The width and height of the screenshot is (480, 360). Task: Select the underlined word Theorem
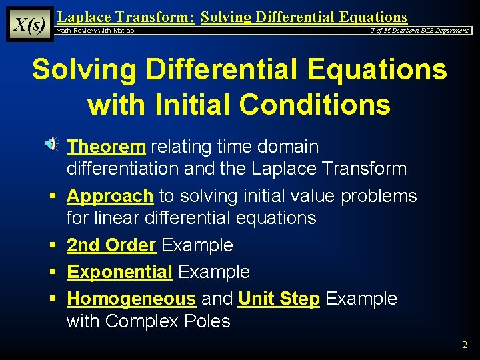106,146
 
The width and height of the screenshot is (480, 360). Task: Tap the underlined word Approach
110,196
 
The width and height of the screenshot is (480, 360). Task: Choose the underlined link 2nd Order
111,245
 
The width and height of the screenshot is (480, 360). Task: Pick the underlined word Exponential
119,272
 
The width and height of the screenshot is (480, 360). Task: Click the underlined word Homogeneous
131,299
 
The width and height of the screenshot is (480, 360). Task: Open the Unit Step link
279,299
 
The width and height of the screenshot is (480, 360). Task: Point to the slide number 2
465,345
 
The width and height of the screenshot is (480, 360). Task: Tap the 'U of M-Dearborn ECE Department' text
419,31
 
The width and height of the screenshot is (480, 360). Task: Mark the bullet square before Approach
51,197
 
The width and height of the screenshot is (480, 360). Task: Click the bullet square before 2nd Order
51,246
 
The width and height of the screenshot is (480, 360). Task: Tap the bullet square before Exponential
51,273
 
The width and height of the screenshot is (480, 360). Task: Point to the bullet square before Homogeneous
51,299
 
